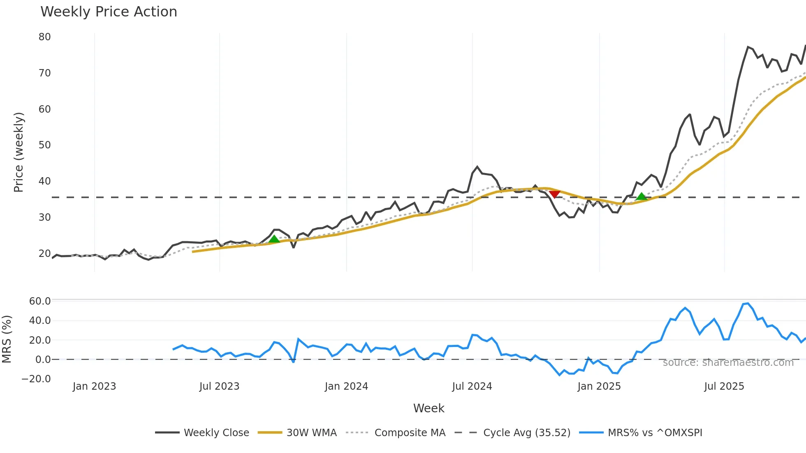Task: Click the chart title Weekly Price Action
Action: click(109, 12)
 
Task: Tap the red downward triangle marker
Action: click(554, 194)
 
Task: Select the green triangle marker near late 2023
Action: click(274, 239)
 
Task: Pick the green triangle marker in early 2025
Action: click(641, 197)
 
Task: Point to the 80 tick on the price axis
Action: click(45, 37)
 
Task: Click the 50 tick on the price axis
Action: click(45, 145)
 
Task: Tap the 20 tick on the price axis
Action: click(45, 254)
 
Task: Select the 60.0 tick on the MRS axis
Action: click(40, 301)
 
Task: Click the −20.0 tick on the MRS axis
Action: click(36, 379)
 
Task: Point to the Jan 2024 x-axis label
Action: click(346, 386)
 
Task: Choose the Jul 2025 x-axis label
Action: click(724, 386)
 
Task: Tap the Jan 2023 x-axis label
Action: click(94, 386)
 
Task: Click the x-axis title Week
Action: click(428, 408)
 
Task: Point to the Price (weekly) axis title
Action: click(19, 152)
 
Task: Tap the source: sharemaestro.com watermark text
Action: click(728, 363)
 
